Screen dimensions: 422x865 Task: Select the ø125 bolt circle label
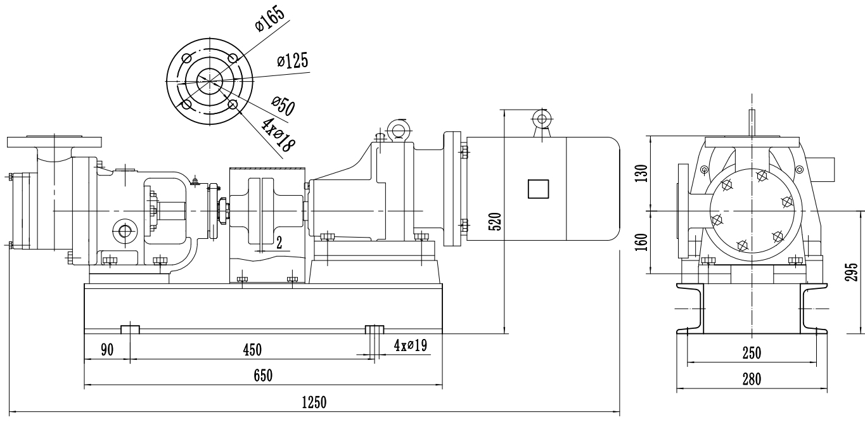tap(292, 61)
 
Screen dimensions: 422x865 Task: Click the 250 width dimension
tap(752, 353)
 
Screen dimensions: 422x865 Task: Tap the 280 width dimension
tap(752, 378)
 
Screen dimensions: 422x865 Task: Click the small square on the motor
tap(538, 189)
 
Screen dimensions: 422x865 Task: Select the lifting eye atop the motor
tap(541, 117)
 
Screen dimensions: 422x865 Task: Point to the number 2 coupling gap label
tap(279, 241)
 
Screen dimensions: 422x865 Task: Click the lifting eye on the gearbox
tap(399, 130)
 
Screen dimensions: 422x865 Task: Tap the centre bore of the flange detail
tap(209, 80)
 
